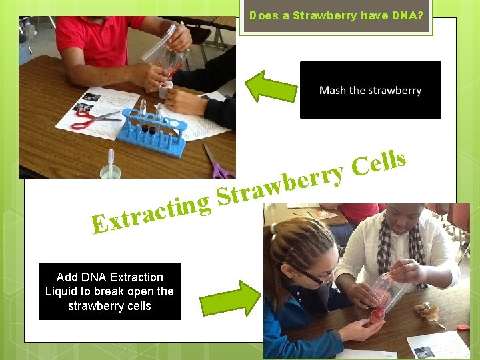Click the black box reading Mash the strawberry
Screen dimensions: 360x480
370,90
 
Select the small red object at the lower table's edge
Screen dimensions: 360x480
463,327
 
